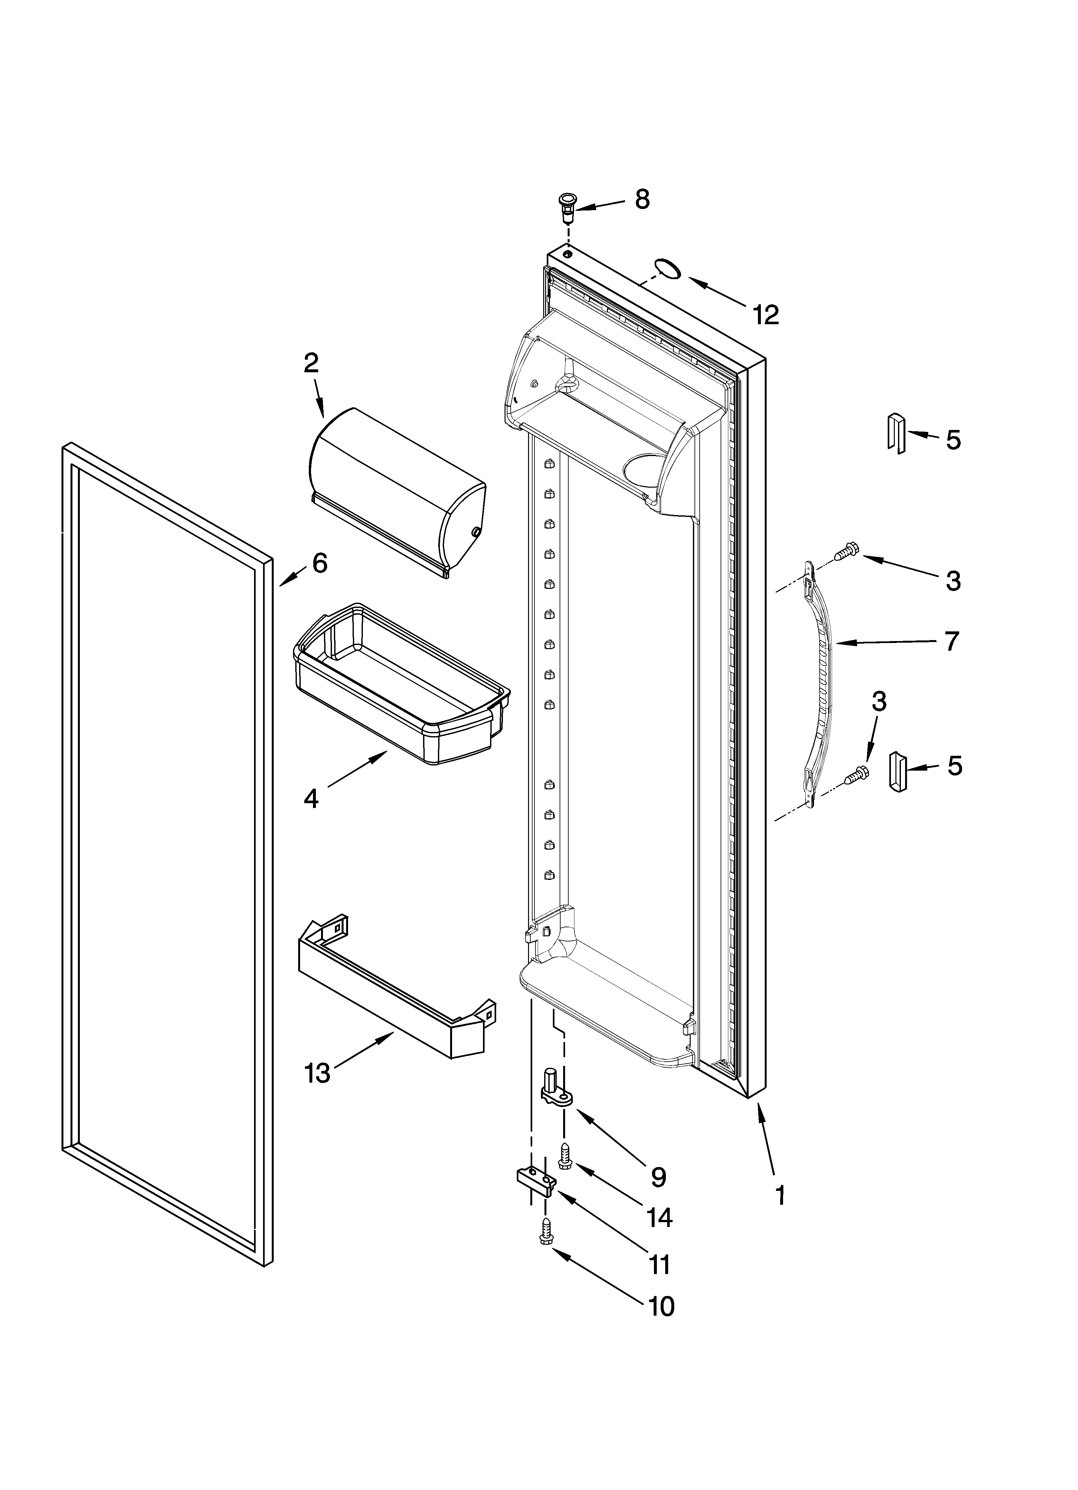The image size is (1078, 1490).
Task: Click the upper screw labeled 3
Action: (x=845, y=552)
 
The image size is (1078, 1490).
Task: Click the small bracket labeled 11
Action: (x=536, y=1181)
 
